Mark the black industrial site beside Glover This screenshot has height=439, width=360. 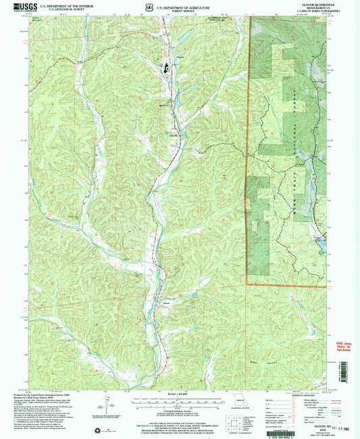tap(164, 67)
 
